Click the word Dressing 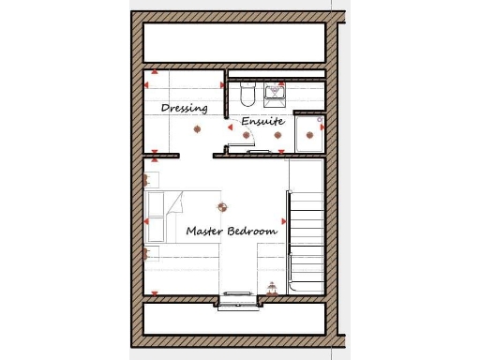click(184, 108)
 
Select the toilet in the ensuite click(247, 95)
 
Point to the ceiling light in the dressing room click(197, 128)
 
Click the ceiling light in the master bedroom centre click(222, 207)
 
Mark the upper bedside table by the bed click(152, 178)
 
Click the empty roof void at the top click(234, 43)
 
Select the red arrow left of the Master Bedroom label click(147, 222)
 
